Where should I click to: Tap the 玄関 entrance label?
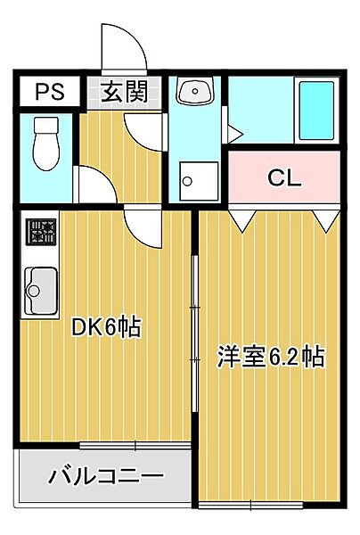coord(123,92)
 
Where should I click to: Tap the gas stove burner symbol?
coord(39,234)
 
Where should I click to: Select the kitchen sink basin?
coord(39,288)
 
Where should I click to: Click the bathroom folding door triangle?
coord(233,135)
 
